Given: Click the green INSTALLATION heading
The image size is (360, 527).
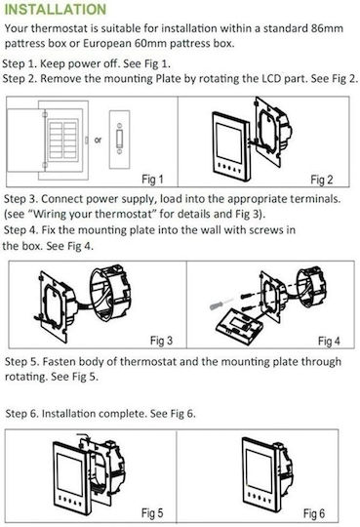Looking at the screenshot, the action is (56, 9).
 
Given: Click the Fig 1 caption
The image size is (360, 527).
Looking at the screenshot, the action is (152, 180).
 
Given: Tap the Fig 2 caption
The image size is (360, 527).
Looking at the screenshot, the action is (321, 180).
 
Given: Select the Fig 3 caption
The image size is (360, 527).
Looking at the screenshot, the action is (161, 341).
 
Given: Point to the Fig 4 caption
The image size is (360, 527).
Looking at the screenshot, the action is (329, 342).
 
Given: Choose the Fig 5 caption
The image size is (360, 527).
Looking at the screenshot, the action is (152, 513).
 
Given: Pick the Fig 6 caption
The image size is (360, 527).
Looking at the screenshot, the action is (314, 513).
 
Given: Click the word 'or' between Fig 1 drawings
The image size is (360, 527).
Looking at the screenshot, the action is (98, 140).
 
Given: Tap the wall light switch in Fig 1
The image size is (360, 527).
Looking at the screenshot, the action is (119, 140).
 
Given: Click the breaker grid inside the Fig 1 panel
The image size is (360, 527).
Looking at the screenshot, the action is (62, 140).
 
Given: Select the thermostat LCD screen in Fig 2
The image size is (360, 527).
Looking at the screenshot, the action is (229, 142).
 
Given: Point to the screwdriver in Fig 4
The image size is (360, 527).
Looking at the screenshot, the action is (220, 304).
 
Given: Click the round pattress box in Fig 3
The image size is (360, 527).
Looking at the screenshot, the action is (110, 293).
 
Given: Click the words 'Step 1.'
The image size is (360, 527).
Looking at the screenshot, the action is (20, 63).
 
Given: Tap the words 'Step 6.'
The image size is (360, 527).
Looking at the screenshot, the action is (22, 413).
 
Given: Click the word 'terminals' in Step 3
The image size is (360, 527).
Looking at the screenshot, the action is (315, 199).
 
